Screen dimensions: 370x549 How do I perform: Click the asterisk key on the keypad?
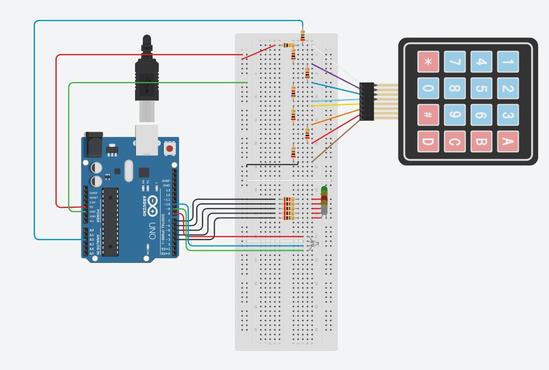click(428, 62)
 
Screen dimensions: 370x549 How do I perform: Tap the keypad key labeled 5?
click(481, 89)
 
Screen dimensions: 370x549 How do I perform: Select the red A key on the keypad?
click(507, 141)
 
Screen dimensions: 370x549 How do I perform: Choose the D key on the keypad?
click(428, 141)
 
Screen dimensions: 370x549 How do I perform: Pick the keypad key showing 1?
click(507, 62)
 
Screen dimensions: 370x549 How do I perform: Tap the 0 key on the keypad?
click(428, 89)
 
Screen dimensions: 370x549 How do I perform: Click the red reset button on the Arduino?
click(169, 149)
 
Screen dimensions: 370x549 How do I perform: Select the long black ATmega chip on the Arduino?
click(110, 221)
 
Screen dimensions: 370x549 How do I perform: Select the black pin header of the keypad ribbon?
click(366, 101)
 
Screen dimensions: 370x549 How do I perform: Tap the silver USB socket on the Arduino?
click(147, 140)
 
